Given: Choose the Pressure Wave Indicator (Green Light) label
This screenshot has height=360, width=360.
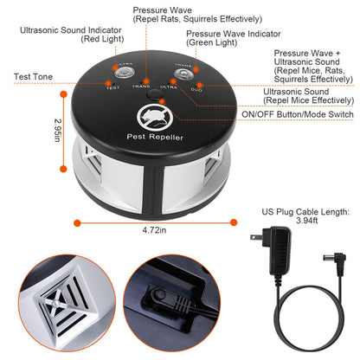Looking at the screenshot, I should tap(223, 39).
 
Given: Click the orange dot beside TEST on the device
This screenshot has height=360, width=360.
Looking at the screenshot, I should tap(104, 85).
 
